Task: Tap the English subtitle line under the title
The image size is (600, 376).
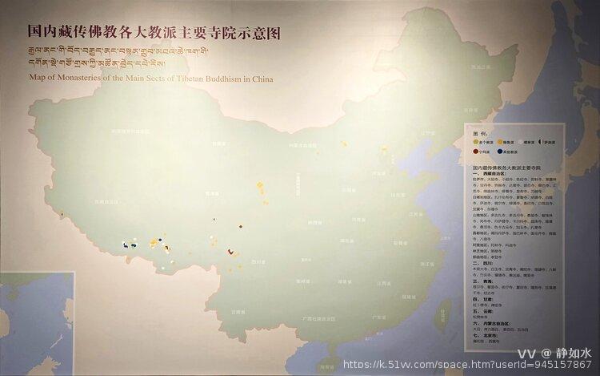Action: click(x=151, y=79)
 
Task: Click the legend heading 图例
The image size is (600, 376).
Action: click(x=482, y=132)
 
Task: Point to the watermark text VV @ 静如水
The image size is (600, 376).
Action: click(x=553, y=353)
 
